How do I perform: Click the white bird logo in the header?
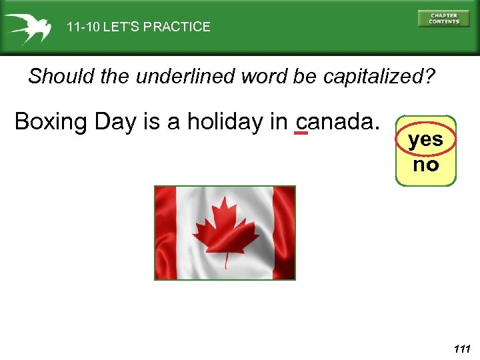(27, 27)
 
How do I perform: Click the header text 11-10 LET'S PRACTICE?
(138, 27)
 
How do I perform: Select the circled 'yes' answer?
(425, 140)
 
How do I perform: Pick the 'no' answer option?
(425, 165)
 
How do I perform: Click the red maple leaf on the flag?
(225, 227)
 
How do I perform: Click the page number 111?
(461, 349)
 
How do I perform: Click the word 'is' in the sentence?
(153, 122)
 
